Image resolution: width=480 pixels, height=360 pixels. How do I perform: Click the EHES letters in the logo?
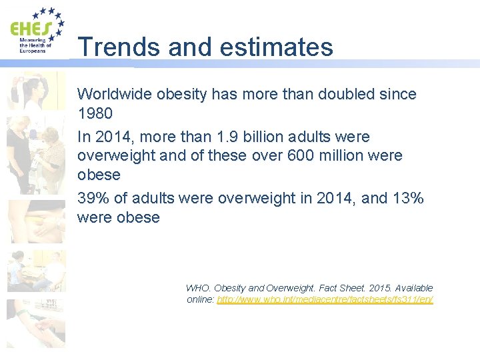[x=31, y=30]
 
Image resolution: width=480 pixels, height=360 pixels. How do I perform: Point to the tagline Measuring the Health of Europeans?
[x=35, y=46]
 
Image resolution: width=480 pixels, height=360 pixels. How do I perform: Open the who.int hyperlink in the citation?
[x=325, y=300]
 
